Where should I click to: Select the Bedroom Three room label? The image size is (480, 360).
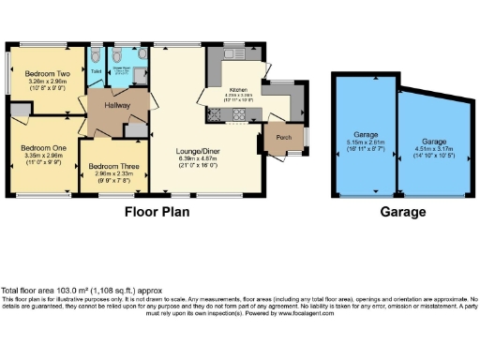112,165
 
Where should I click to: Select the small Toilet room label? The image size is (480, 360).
96,68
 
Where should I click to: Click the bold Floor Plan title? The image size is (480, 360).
157,212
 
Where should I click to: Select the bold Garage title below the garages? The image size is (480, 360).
402,212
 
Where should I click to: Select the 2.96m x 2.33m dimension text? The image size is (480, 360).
112,172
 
